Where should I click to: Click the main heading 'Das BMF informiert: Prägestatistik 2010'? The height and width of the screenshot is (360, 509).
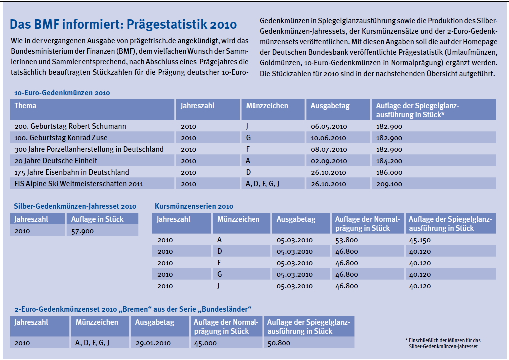123,24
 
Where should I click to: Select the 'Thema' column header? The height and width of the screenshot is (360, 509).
25,106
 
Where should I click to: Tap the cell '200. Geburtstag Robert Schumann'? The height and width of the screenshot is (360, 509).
70,126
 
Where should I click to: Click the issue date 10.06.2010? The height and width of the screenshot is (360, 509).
328,138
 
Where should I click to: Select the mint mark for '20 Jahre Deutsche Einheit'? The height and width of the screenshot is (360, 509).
248,161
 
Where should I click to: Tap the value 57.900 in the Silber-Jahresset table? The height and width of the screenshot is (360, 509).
82,231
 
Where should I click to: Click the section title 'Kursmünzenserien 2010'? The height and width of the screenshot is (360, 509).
194,206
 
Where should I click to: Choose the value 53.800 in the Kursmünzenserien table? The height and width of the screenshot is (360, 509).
347,240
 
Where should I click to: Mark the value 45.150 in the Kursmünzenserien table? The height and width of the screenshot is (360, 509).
420,240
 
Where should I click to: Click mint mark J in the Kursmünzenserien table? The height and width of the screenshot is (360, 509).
219,286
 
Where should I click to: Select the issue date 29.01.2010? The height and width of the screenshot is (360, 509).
153,343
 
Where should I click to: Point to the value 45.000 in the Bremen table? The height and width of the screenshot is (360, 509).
205,343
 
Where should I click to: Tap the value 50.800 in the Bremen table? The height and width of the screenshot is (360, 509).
279,343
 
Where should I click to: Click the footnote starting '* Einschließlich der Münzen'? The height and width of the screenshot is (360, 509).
443,343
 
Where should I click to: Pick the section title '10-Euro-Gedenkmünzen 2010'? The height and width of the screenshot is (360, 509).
62,93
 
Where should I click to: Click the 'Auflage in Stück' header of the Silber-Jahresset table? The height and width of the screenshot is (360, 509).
97,219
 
